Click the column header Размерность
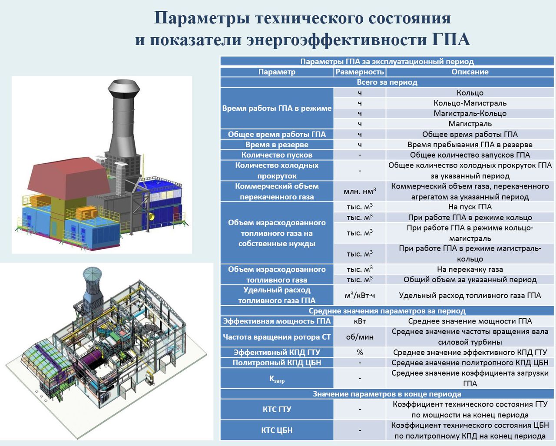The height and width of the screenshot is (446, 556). click(x=360, y=72)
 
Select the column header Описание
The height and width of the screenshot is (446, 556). click(x=470, y=72)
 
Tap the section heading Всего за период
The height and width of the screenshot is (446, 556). click(x=387, y=82)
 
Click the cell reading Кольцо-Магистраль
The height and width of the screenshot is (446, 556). click(x=470, y=103)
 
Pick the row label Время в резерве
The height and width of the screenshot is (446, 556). click(x=277, y=145)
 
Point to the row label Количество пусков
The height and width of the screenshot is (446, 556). click(x=277, y=155)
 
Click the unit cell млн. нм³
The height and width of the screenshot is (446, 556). click(x=360, y=191)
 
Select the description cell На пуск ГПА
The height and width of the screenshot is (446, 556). click(x=470, y=207)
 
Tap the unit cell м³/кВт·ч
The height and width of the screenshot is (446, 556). click(x=360, y=295)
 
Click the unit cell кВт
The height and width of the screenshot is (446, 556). click(x=360, y=321)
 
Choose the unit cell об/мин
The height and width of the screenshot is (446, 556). click(x=360, y=337)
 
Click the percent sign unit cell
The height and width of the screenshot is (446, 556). click(x=360, y=353)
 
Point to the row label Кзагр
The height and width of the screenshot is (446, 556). click(x=277, y=379)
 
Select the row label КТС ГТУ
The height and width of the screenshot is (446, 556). click(x=277, y=410)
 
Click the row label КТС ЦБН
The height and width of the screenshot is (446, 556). click(x=277, y=430)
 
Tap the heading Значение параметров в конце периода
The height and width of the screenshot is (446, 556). click(x=387, y=394)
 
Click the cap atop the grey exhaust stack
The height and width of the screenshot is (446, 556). click(x=123, y=88)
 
